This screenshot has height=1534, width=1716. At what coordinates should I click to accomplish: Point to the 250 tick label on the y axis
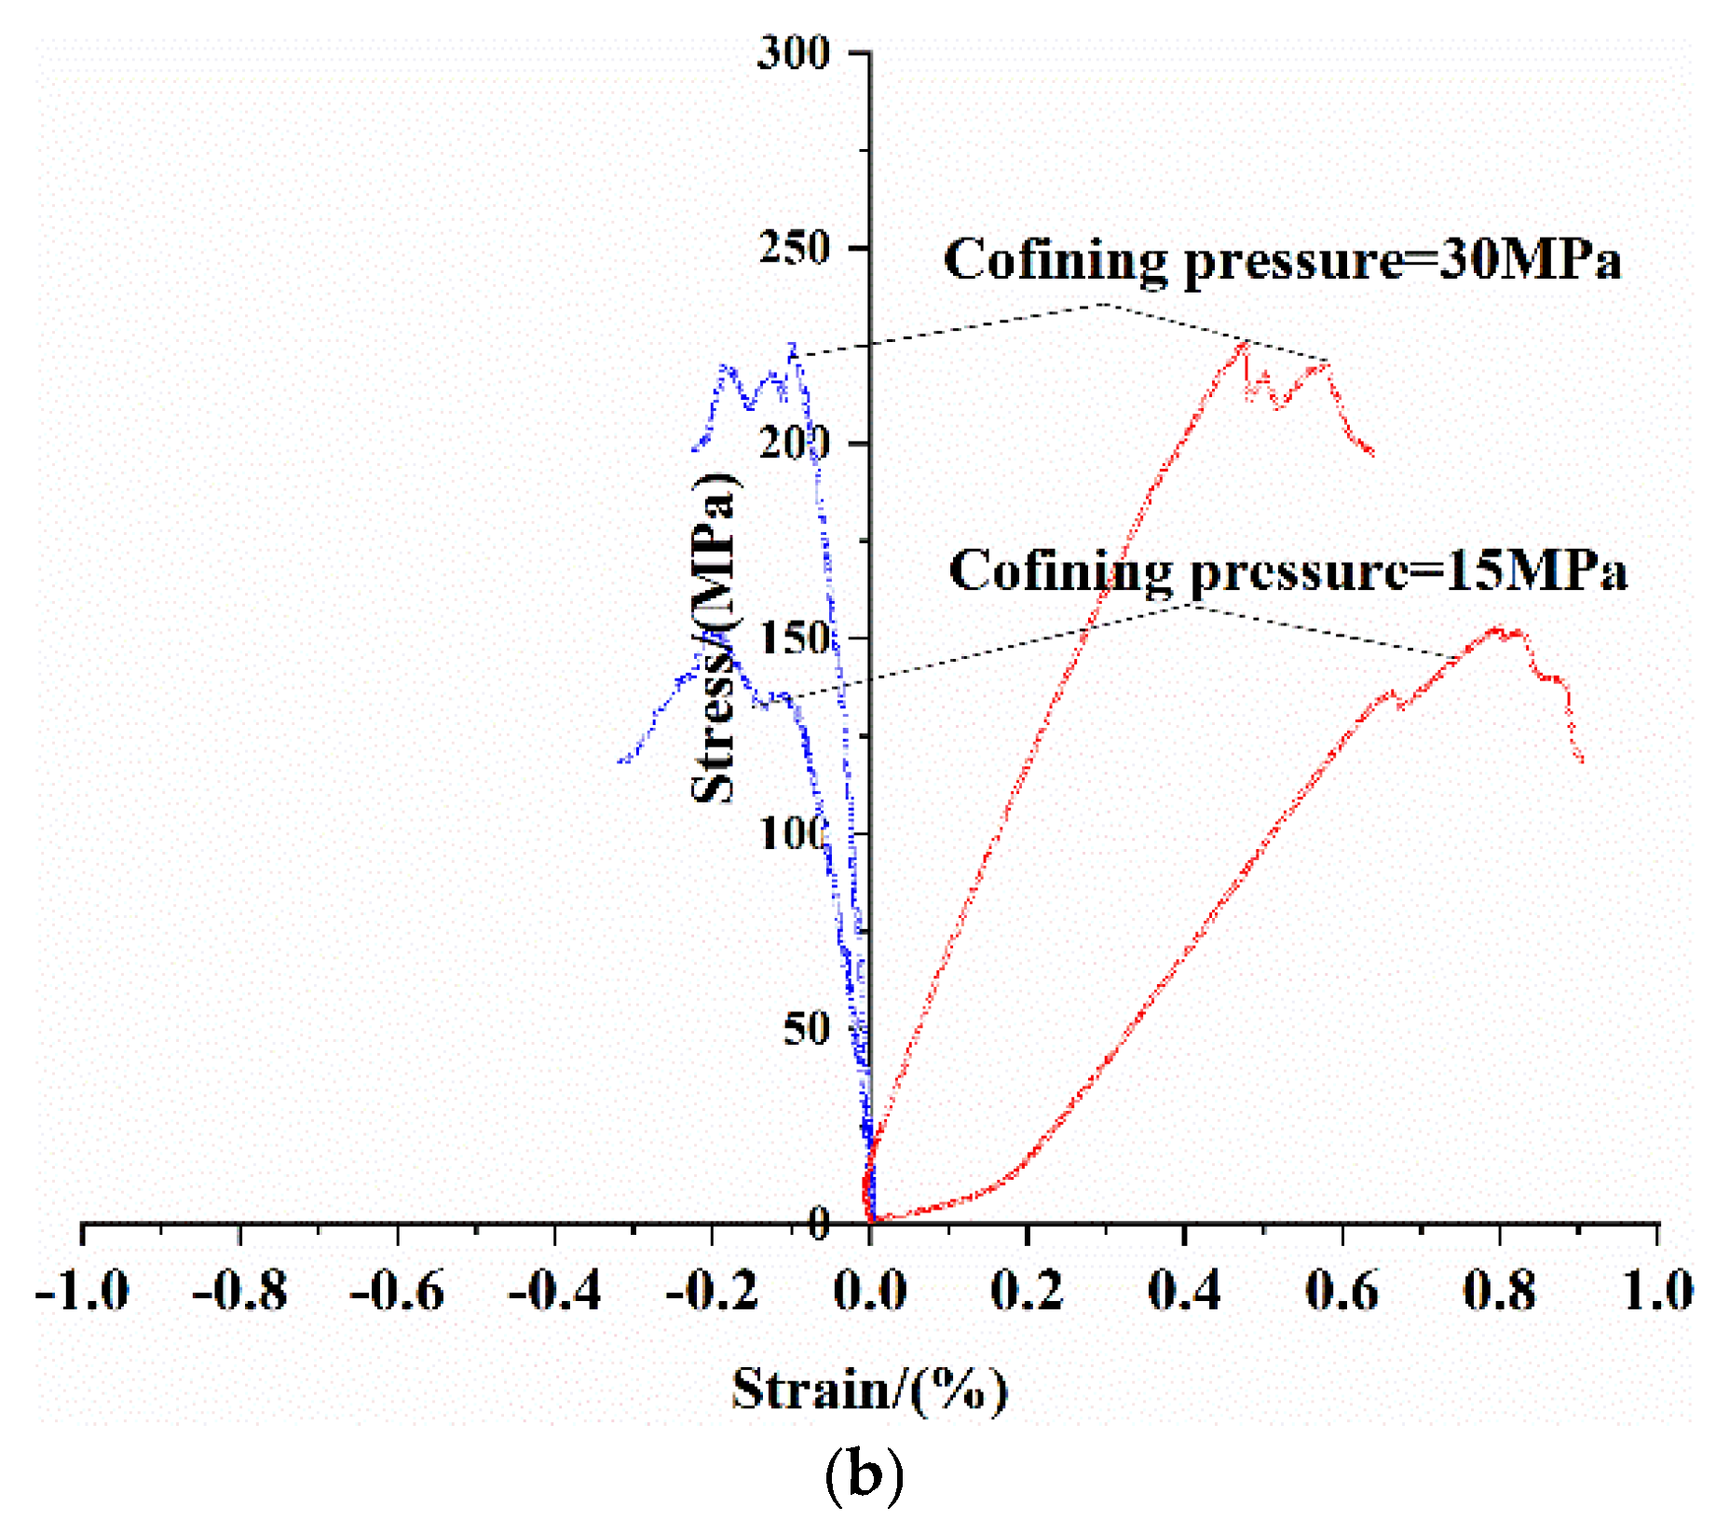[793, 249]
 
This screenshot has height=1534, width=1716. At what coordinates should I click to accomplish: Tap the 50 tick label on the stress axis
[805, 1030]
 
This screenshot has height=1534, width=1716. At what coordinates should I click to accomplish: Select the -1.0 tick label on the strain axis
[82, 1292]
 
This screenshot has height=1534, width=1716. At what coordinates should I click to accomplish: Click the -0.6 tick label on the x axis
[397, 1292]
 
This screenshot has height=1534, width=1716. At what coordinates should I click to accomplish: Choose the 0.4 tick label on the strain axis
[1183, 1292]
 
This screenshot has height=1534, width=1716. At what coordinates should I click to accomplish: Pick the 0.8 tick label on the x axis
[1499, 1292]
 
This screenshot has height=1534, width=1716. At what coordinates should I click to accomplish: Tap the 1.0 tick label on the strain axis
[1657, 1292]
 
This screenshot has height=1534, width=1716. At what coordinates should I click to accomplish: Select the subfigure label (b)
[864, 1477]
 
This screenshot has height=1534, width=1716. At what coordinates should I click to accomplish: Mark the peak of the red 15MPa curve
[1498, 628]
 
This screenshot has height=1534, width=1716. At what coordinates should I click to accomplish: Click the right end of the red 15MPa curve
[1581, 761]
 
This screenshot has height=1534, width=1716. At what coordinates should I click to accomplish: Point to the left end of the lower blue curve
[620, 762]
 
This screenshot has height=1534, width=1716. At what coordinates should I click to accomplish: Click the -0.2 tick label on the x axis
[713, 1292]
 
